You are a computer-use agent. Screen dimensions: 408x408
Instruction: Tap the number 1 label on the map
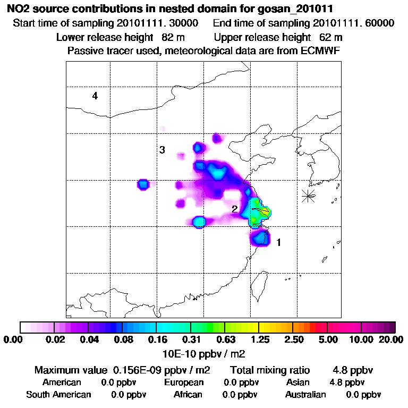coord(278,243)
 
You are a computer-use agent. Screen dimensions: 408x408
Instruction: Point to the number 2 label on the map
coord(234,209)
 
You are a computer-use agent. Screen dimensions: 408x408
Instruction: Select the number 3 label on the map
coord(162,150)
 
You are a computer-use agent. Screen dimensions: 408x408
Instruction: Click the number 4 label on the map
coord(95,96)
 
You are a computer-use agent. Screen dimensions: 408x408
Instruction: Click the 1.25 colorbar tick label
coord(259,339)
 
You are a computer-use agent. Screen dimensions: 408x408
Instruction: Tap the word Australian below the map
coord(305,395)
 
